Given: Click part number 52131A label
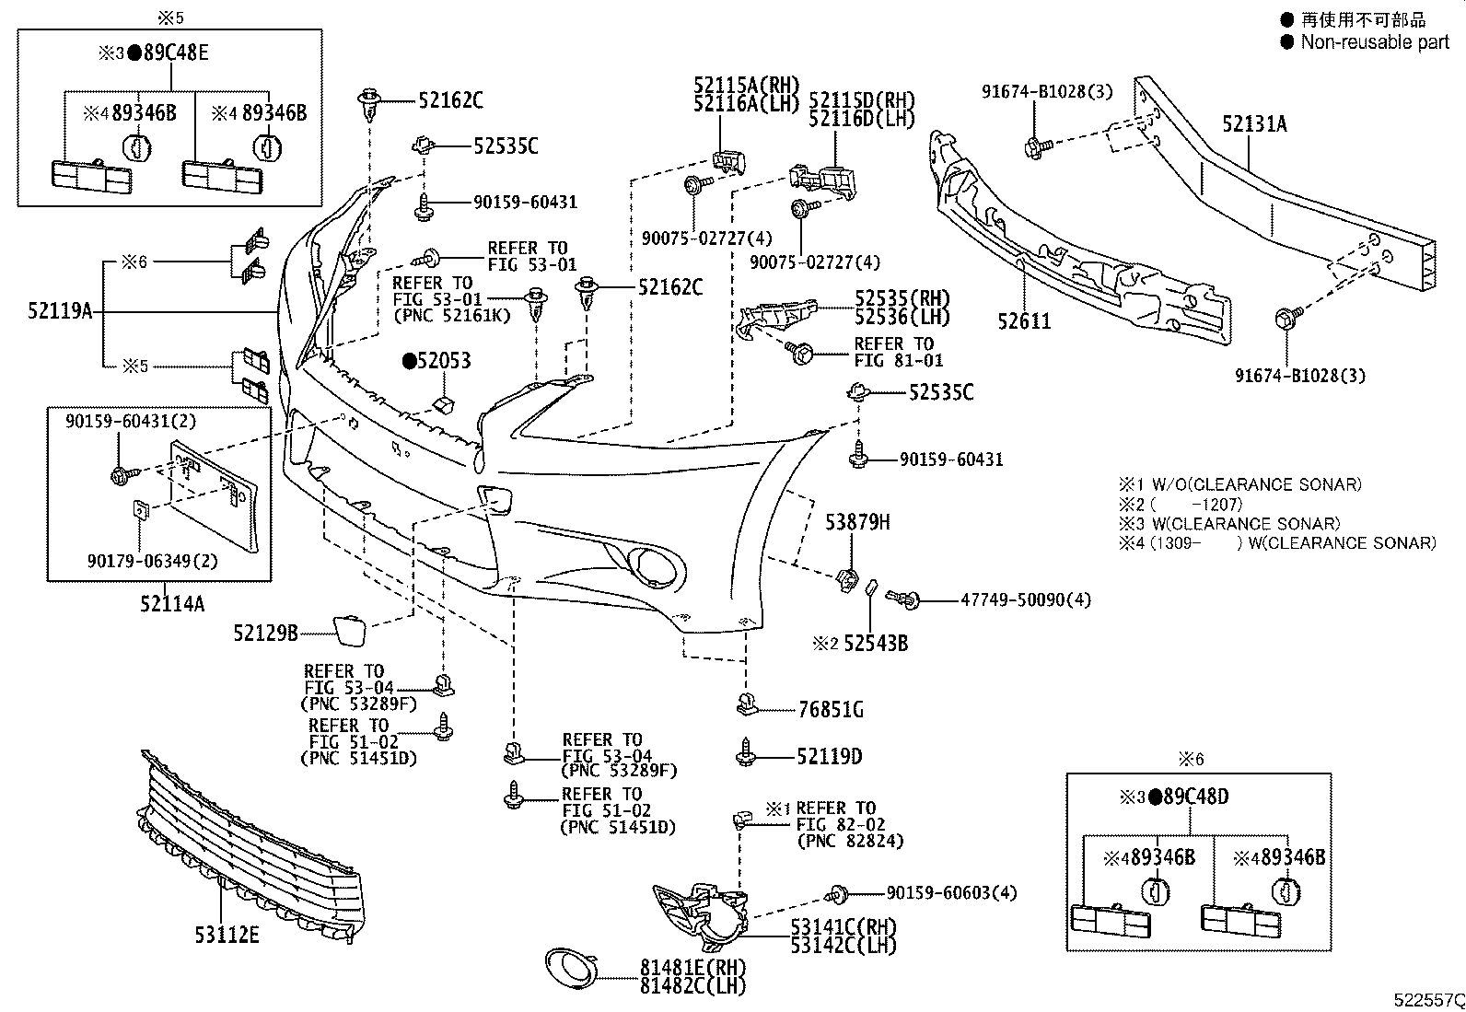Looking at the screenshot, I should click(x=1254, y=123).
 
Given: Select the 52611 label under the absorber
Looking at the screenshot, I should click(x=1024, y=321).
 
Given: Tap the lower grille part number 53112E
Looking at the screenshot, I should click(x=227, y=936).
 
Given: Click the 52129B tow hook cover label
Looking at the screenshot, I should click(x=265, y=633).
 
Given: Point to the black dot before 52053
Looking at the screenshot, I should click(x=408, y=361).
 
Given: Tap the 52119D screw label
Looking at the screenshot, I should click(x=829, y=757).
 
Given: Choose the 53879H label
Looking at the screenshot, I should click(x=856, y=522).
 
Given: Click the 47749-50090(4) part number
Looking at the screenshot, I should click(x=1025, y=600).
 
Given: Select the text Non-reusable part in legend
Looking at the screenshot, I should click(x=1375, y=41).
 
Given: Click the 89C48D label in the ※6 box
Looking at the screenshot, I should click(x=1195, y=797).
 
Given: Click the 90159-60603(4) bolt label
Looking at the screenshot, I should click(x=951, y=893).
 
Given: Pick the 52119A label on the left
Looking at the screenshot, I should click(x=60, y=311).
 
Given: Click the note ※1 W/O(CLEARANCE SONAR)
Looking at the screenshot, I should click(x=1240, y=484).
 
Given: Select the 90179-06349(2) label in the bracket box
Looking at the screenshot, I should click(x=141, y=561).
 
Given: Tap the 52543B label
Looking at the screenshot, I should click(x=875, y=644).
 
